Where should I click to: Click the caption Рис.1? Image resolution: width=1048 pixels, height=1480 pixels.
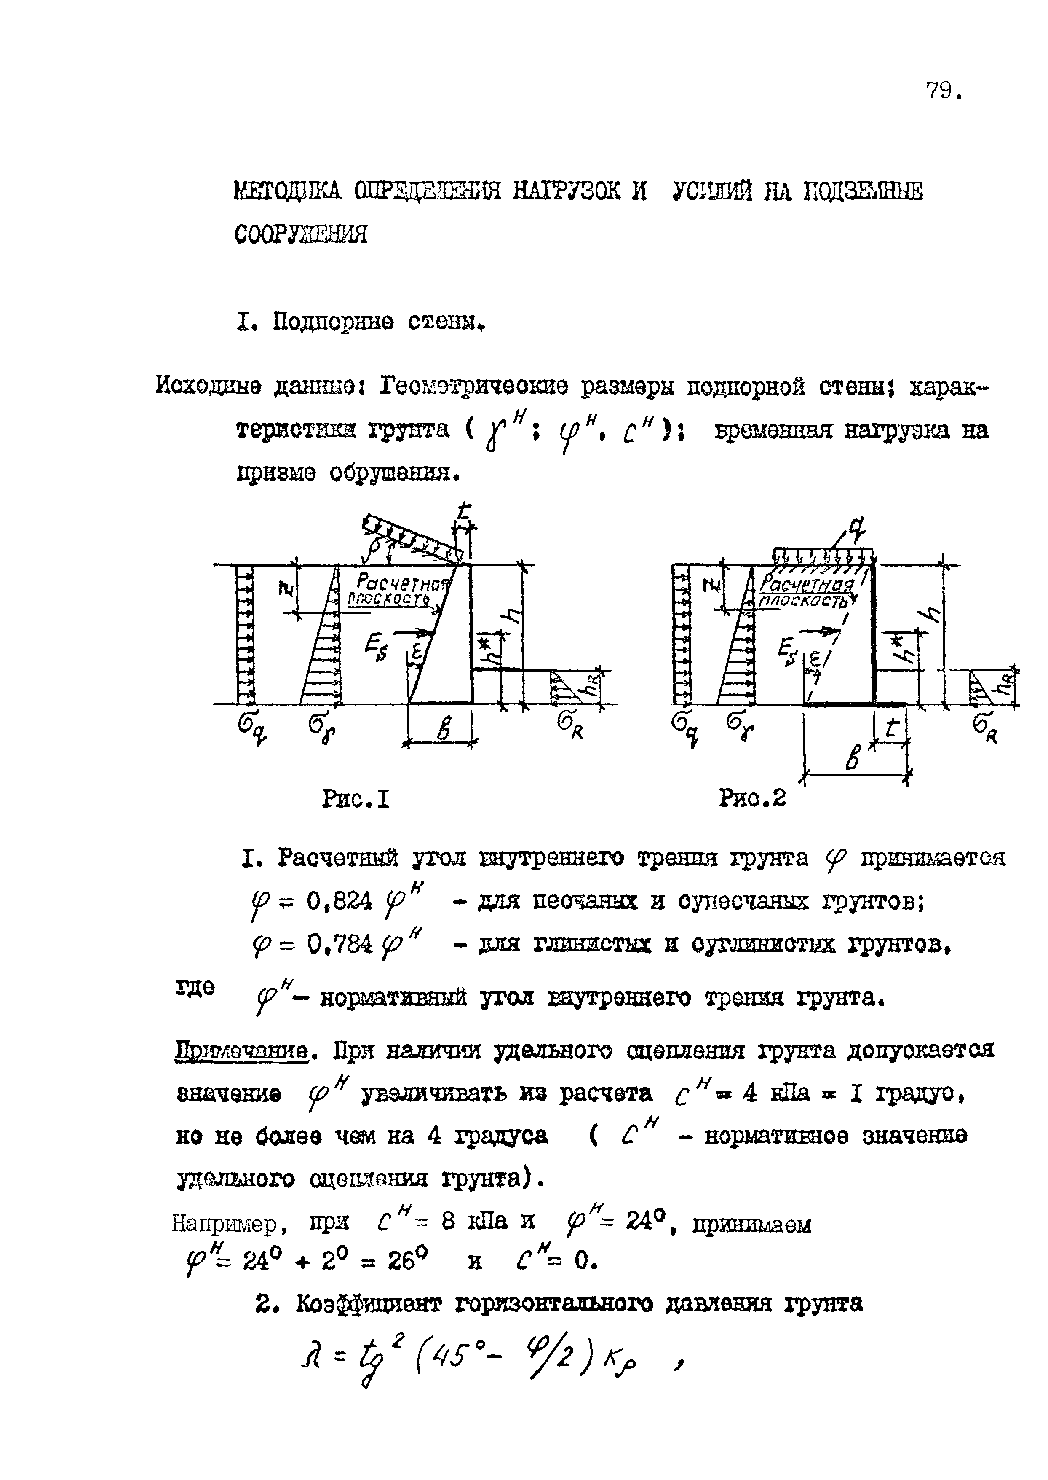click(356, 800)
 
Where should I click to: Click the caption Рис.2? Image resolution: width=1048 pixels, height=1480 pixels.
click(752, 799)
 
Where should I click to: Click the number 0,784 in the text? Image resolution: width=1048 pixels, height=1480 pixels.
click(340, 945)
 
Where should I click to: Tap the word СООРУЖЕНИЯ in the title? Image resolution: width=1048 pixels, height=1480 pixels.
click(301, 234)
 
